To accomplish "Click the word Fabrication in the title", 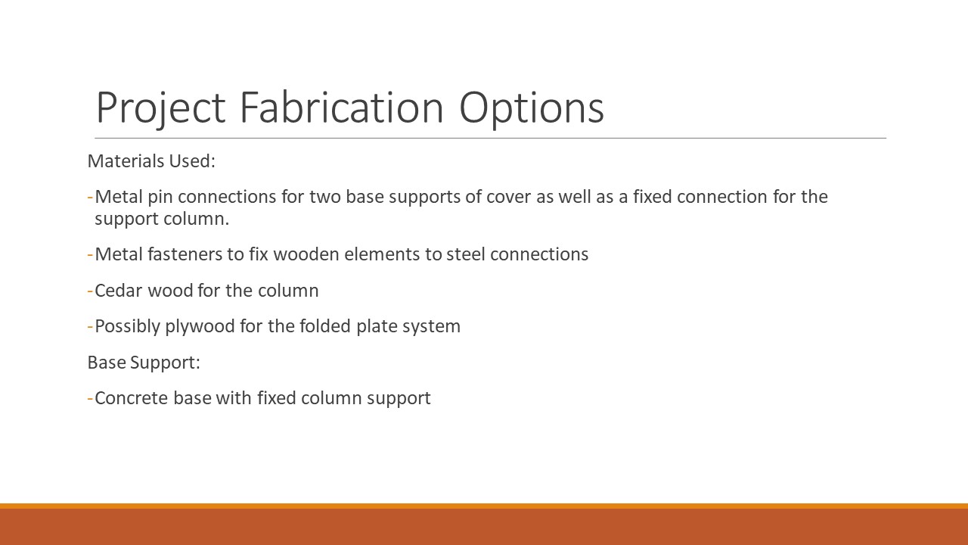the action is (x=341, y=107).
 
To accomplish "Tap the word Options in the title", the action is (x=532, y=109).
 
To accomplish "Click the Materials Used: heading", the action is (x=151, y=161).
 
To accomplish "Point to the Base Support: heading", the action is (x=144, y=363).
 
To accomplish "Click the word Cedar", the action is (x=119, y=290).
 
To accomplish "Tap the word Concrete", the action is (x=132, y=398).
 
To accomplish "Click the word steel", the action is (x=466, y=254).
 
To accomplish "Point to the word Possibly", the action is (x=128, y=326).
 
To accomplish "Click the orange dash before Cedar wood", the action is (x=90, y=291).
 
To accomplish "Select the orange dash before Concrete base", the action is (x=90, y=398).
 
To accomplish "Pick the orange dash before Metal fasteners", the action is (x=90, y=255).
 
